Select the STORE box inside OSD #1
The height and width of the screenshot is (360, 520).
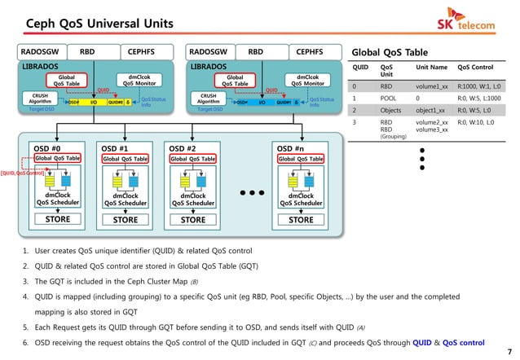pyautogui.click(x=125, y=219)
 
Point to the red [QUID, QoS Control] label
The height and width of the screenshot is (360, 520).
pyautogui.click(x=22, y=173)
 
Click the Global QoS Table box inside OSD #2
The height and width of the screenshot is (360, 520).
pyautogui.click(x=192, y=159)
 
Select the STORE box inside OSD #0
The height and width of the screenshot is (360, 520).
pyautogui.click(x=57, y=219)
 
